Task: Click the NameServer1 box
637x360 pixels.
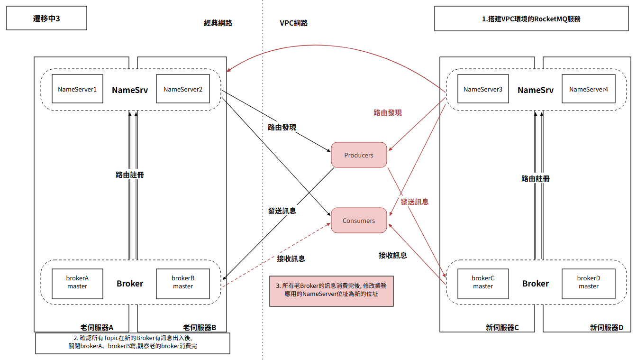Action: click(x=77, y=89)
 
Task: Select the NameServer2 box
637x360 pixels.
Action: click(x=183, y=89)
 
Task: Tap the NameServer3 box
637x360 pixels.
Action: click(x=483, y=89)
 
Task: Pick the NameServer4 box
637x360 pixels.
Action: click(x=588, y=89)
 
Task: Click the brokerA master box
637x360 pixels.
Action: click(x=77, y=284)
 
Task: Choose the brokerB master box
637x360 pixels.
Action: click(x=183, y=284)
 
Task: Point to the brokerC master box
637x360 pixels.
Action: click(x=483, y=284)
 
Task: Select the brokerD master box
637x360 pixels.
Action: click(x=588, y=284)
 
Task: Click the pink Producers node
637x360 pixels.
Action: click(x=359, y=155)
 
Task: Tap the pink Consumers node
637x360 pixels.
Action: click(x=359, y=220)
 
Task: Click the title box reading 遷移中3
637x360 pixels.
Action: click(x=46, y=18)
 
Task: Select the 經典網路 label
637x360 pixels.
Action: click(x=218, y=23)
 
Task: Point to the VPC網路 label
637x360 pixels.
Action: click(x=294, y=23)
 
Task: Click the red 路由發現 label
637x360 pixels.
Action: click(x=388, y=113)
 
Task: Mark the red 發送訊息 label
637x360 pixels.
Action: click(x=415, y=202)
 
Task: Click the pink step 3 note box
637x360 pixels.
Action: click(x=331, y=291)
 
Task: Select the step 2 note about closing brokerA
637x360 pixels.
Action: click(x=133, y=343)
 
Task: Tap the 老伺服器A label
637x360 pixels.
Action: click(x=97, y=328)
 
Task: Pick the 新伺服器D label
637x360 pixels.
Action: click(x=607, y=328)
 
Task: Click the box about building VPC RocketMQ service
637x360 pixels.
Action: click(x=531, y=19)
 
